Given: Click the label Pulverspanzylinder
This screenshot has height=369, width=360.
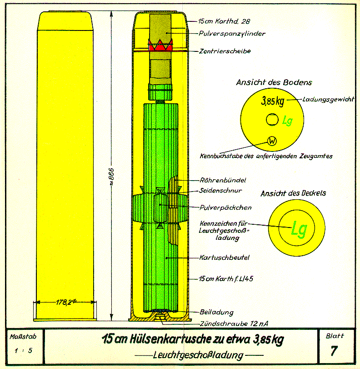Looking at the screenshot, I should point(226,34).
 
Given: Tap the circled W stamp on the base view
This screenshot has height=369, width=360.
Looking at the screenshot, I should point(272,141).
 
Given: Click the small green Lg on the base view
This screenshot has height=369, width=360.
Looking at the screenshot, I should point(287,121).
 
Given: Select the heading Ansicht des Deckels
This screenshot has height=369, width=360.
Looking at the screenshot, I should point(293,193).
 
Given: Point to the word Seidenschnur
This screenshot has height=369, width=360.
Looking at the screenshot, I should point(220,190).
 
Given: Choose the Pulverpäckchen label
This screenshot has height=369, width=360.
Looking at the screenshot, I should point(225,207).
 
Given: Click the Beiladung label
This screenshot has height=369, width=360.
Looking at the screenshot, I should point(216,313).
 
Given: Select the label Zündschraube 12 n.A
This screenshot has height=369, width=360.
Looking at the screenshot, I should point(234,324).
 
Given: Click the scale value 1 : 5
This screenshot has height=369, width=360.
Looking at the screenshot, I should point(22,351).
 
